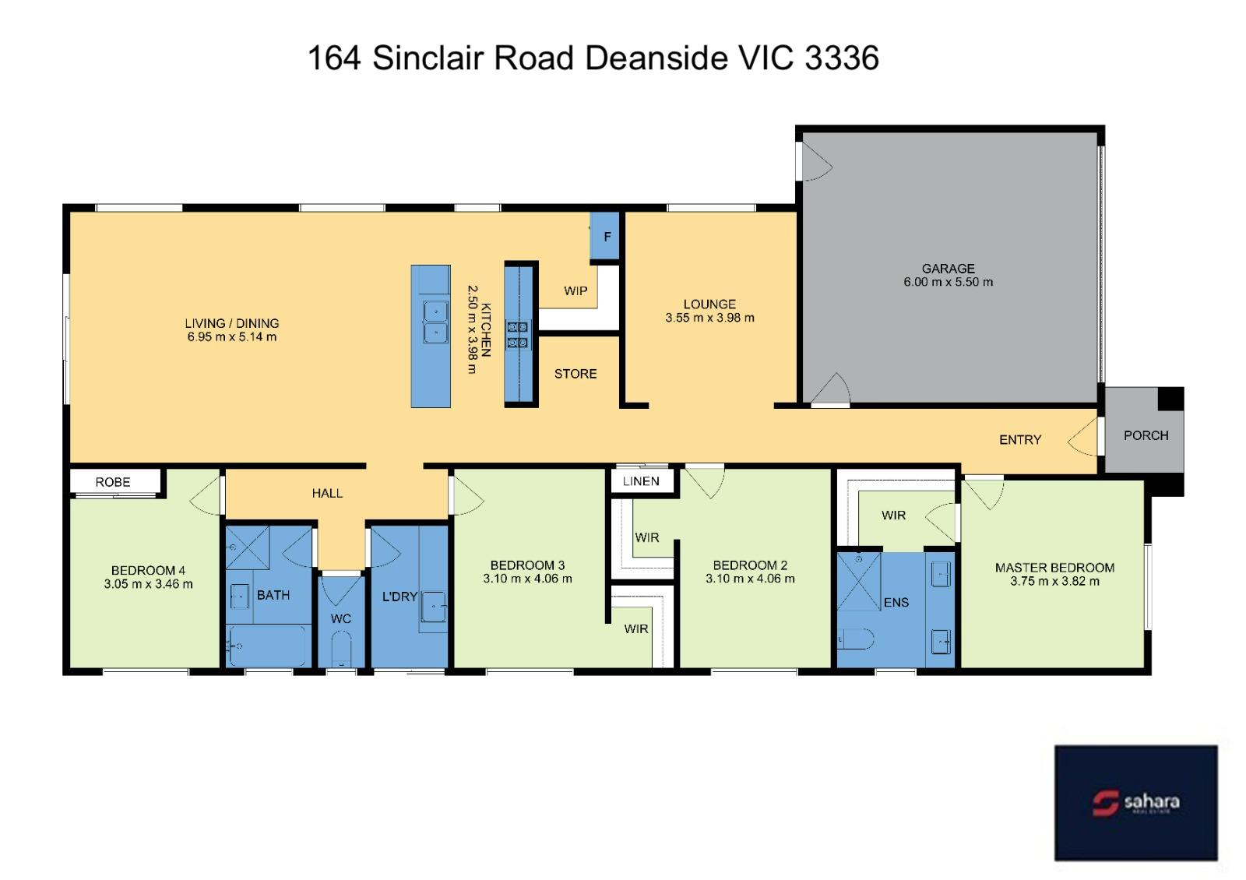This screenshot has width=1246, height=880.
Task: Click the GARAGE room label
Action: pyautogui.click(x=948, y=269)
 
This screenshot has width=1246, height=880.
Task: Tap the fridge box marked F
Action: pyautogui.click(x=604, y=236)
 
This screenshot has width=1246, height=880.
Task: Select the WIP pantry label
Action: pyautogui.click(x=575, y=291)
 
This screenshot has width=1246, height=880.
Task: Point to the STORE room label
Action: pyautogui.click(x=575, y=374)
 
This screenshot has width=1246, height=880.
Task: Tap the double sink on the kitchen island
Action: pyautogui.click(x=435, y=322)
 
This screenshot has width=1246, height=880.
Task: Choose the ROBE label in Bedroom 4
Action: pyautogui.click(x=113, y=482)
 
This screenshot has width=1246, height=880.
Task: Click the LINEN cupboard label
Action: pyautogui.click(x=641, y=481)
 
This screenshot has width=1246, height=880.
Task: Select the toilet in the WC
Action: pyautogui.click(x=341, y=649)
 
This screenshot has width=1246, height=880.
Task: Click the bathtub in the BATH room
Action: pyautogui.click(x=269, y=646)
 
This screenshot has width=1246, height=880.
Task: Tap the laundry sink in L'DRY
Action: pyautogui.click(x=433, y=607)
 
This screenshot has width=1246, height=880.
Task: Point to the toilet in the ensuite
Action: pyautogui.click(x=856, y=639)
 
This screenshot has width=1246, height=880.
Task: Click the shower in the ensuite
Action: pyautogui.click(x=859, y=581)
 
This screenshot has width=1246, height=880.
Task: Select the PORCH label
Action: pyautogui.click(x=1146, y=435)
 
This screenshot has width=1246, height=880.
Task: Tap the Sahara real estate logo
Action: pyautogui.click(x=1136, y=803)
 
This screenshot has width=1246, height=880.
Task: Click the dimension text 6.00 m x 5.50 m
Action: pyautogui.click(x=948, y=282)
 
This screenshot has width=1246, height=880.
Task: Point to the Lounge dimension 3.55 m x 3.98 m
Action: pyautogui.click(x=709, y=319)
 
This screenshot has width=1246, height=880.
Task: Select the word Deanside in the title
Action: pyautogui.click(x=656, y=58)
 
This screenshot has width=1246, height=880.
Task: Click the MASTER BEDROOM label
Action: pyautogui.click(x=1054, y=568)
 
